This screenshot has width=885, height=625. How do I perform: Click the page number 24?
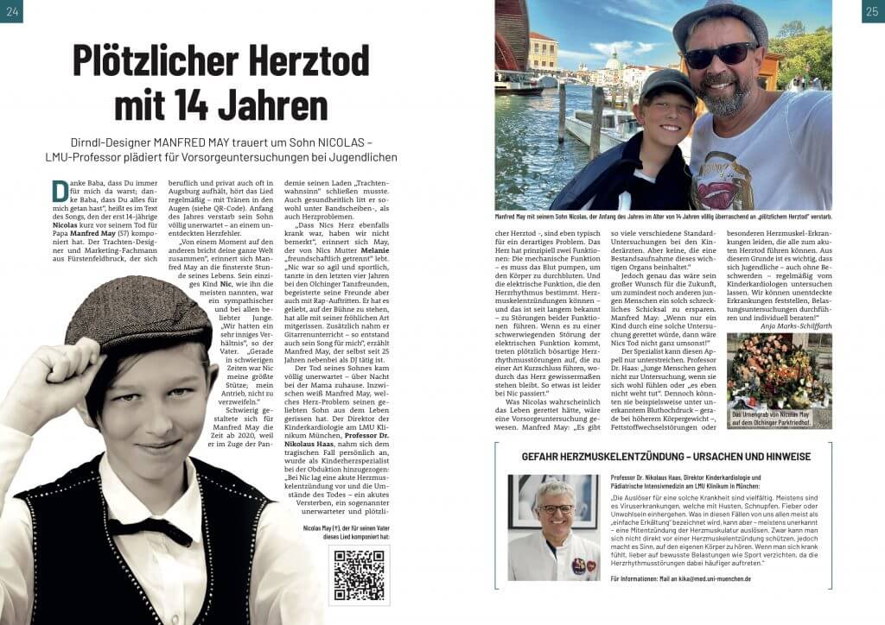[x=11, y=11]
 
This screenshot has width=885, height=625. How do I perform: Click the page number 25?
[x=873, y=11]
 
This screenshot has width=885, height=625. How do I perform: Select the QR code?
[x=359, y=576]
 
